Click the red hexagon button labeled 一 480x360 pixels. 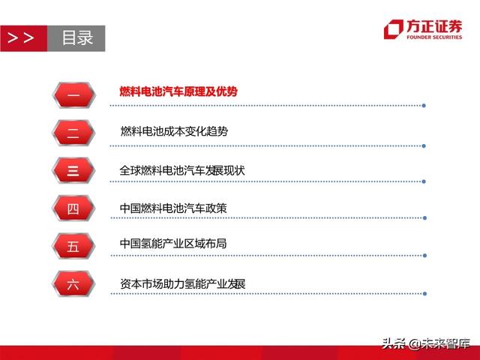(x=73, y=93)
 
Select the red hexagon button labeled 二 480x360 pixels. (x=73, y=132)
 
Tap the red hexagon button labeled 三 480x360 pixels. (x=73, y=170)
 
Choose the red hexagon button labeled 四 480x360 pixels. (x=73, y=208)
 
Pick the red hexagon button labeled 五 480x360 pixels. (x=73, y=246)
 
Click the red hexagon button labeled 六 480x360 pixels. (x=73, y=284)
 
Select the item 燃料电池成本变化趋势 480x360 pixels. (x=174, y=131)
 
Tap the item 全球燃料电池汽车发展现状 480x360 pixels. (x=182, y=170)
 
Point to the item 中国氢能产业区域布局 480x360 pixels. (x=173, y=244)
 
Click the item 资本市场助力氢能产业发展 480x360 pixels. (x=182, y=284)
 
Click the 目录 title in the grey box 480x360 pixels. (x=76, y=38)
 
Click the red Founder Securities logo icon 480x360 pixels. (x=393, y=29)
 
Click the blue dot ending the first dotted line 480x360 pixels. (x=424, y=105)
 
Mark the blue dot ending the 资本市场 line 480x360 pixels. (x=424, y=293)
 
